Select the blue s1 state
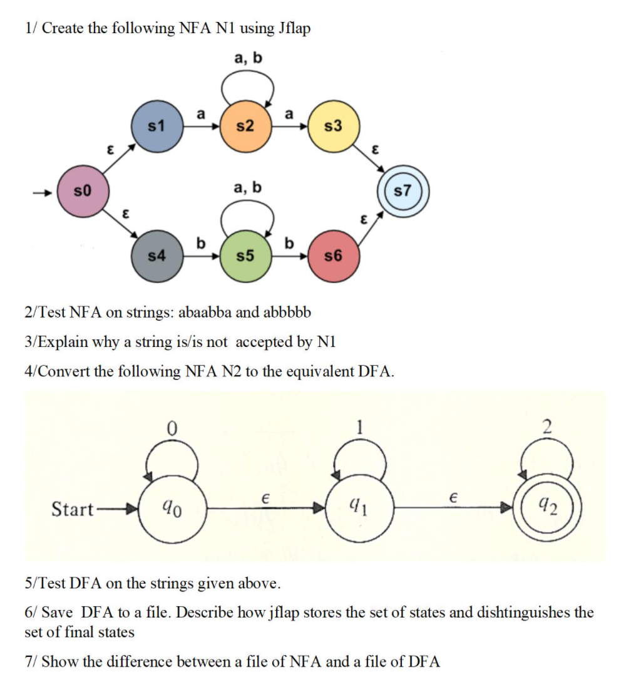(x=156, y=127)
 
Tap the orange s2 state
(x=245, y=127)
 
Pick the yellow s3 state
(x=334, y=127)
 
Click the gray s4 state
(x=156, y=256)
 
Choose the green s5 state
(x=245, y=256)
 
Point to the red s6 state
(x=334, y=256)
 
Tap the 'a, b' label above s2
(x=248, y=58)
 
